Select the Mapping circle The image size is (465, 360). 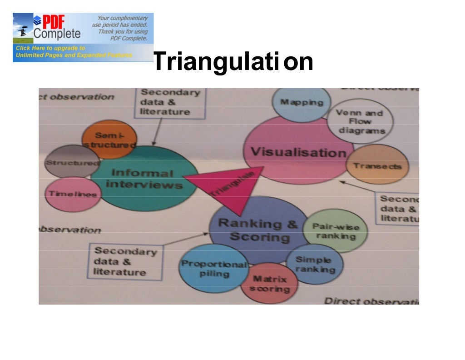[x=301, y=103]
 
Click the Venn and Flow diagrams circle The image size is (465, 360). [x=361, y=121]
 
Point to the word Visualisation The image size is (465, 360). [x=298, y=152]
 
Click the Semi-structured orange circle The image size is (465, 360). [x=109, y=139]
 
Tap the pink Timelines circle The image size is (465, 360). [x=73, y=194]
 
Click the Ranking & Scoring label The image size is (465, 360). [x=258, y=230]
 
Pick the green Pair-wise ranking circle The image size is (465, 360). [x=336, y=231]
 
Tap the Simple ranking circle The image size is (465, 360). [x=314, y=264]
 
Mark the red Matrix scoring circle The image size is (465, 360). [x=269, y=284]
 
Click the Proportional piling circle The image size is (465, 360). [x=213, y=269]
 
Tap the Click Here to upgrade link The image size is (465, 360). [x=50, y=48]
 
